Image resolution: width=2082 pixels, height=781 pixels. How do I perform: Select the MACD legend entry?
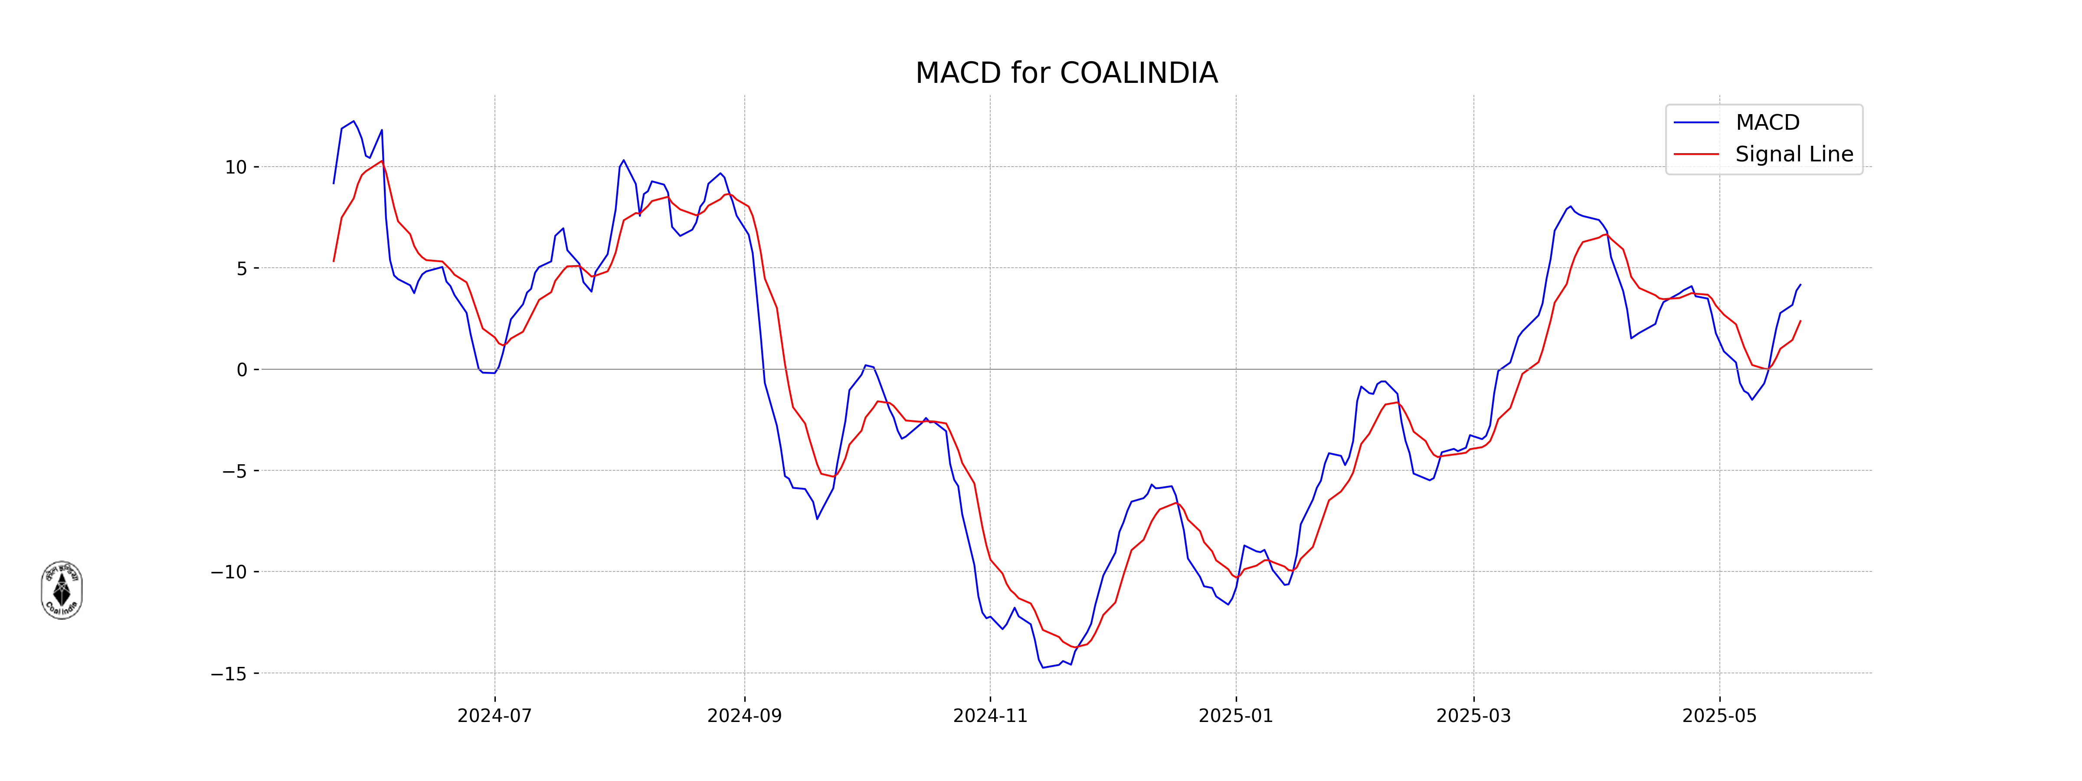coord(1767,123)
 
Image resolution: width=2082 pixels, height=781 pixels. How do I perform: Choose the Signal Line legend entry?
coord(1794,154)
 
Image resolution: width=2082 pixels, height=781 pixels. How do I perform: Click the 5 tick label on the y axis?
coord(242,269)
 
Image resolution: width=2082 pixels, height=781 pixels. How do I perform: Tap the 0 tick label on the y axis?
coord(242,370)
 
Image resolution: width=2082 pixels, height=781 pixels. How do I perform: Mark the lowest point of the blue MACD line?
coord(1043,667)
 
